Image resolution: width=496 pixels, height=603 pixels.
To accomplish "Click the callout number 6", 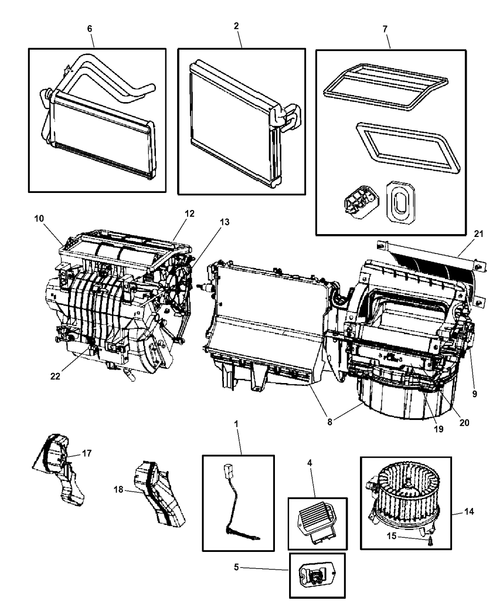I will [90, 28].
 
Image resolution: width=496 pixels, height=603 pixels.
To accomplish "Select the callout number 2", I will [236, 26].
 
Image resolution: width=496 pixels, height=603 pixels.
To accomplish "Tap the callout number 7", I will [385, 29].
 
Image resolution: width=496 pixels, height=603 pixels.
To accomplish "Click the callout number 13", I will [225, 222].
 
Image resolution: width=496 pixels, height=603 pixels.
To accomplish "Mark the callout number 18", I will [119, 490].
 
